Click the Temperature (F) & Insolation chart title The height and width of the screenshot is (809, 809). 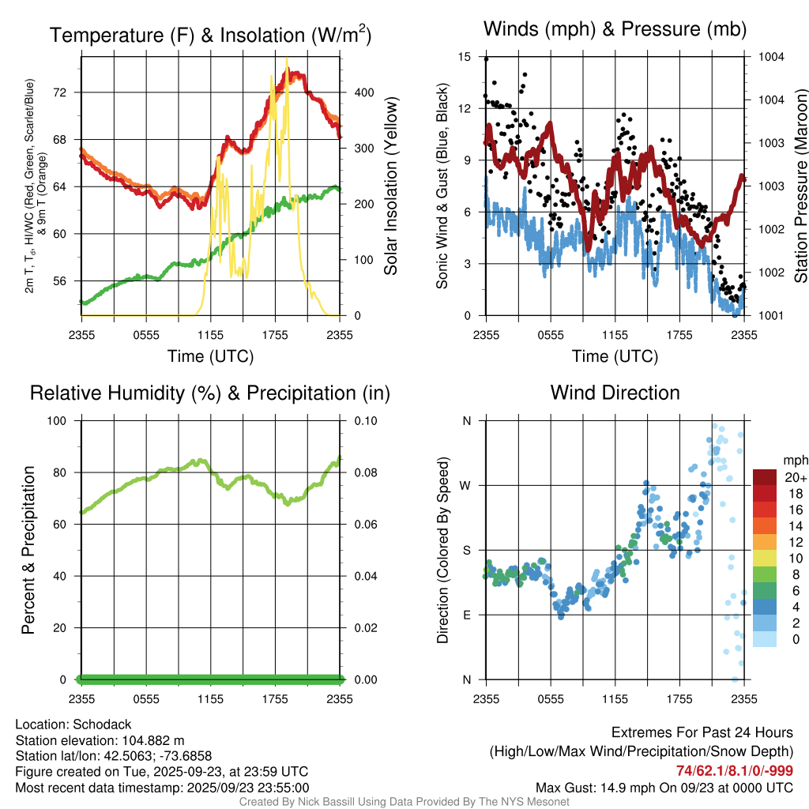(x=210, y=36)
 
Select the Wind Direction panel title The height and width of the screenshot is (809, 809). (x=615, y=393)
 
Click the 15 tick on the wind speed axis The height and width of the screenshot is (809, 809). (x=464, y=57)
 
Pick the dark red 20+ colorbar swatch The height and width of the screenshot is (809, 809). (x=766, y=478)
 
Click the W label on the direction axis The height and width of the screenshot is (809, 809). (x=466, y=485)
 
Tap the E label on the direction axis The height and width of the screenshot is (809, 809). (x=467, y=615)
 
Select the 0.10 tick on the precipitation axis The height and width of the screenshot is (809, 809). (x=365, y=421)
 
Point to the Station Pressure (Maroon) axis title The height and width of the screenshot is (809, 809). (x=800, y=186)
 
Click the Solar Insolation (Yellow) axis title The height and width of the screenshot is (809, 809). (x=390, y=186)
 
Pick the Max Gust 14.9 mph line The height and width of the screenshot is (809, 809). (x=664, y=787)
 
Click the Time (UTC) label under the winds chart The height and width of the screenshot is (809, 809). (x=615, y=356)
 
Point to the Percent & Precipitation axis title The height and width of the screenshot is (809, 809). (x=28, y=550)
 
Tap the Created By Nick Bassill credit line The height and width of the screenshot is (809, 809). (x=404, y=802)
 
